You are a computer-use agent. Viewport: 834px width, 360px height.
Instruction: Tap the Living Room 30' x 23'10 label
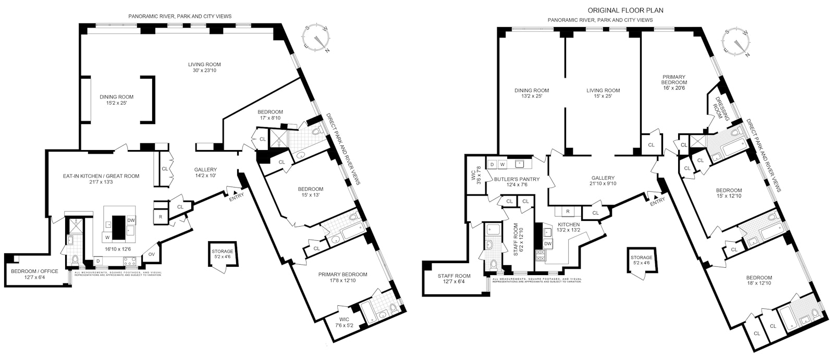[202, 67]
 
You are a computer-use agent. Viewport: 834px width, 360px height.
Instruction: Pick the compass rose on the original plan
[737, 43]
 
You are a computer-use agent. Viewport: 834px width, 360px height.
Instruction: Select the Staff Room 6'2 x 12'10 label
[516, 240]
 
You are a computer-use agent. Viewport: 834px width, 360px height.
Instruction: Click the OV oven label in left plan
[152, 254]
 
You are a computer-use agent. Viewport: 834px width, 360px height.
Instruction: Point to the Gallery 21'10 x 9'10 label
[603, 181]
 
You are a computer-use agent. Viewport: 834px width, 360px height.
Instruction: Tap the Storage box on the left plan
[223, 254]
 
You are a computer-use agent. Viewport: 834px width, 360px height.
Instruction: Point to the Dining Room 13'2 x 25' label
[531, 93]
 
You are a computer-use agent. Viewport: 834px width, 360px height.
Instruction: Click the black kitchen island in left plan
[119, 226]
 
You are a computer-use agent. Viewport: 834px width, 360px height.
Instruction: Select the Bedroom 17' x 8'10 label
[270, 115]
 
